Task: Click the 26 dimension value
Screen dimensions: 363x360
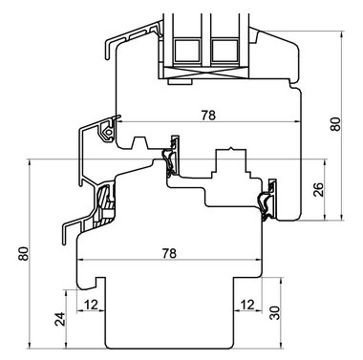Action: (318, 189)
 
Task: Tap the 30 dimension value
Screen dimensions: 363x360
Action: (274, 312)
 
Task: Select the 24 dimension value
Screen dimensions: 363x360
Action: (60, 319)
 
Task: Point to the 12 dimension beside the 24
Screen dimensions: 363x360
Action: (91, 305)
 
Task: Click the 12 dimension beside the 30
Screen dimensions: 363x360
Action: (247, 305)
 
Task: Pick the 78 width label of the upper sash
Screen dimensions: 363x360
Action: (208, 115)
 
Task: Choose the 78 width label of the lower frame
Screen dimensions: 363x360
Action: (169, 253)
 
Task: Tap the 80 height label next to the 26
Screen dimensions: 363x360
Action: (335, 124)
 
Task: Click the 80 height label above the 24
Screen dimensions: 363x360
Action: (24, 254)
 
